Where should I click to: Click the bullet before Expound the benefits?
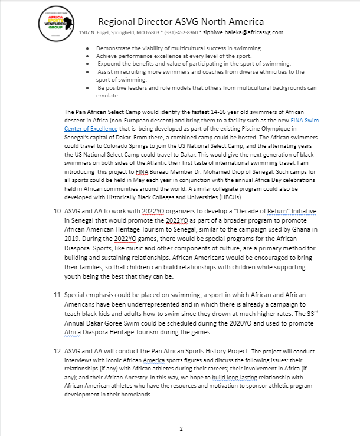[87, 63]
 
